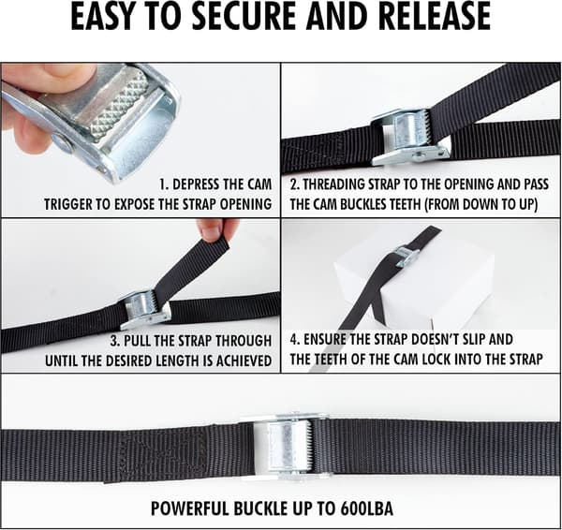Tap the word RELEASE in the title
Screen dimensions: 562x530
click(x=434, y=16)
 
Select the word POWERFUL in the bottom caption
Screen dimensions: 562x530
click(x=189, y=508)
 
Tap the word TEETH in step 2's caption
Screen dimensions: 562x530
click(x=405, y=204)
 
